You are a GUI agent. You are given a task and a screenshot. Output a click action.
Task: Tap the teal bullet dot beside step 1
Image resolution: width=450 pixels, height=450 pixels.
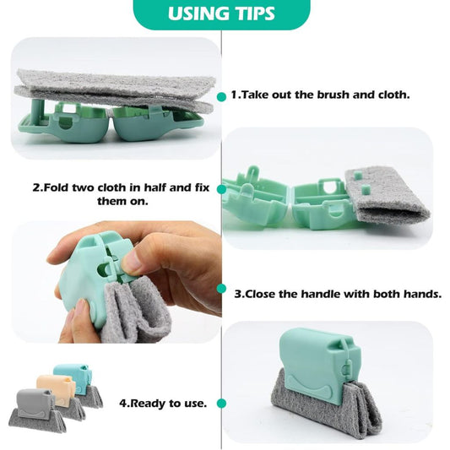[221, 97]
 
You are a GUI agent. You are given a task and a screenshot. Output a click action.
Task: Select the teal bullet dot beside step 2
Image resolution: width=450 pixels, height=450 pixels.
[221, 189]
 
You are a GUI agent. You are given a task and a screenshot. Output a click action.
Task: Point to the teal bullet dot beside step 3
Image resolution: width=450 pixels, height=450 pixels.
[221, 289]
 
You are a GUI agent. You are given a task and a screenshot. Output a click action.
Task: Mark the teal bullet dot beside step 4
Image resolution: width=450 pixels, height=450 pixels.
[221, 404]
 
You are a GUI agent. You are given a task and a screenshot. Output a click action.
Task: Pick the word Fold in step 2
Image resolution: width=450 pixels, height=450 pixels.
[57, 187]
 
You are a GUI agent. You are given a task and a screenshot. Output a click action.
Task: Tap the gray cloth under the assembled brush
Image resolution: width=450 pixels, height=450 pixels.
[326, 409]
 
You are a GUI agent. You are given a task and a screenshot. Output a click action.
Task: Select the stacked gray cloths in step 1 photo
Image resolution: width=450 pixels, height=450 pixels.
[115, 89]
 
